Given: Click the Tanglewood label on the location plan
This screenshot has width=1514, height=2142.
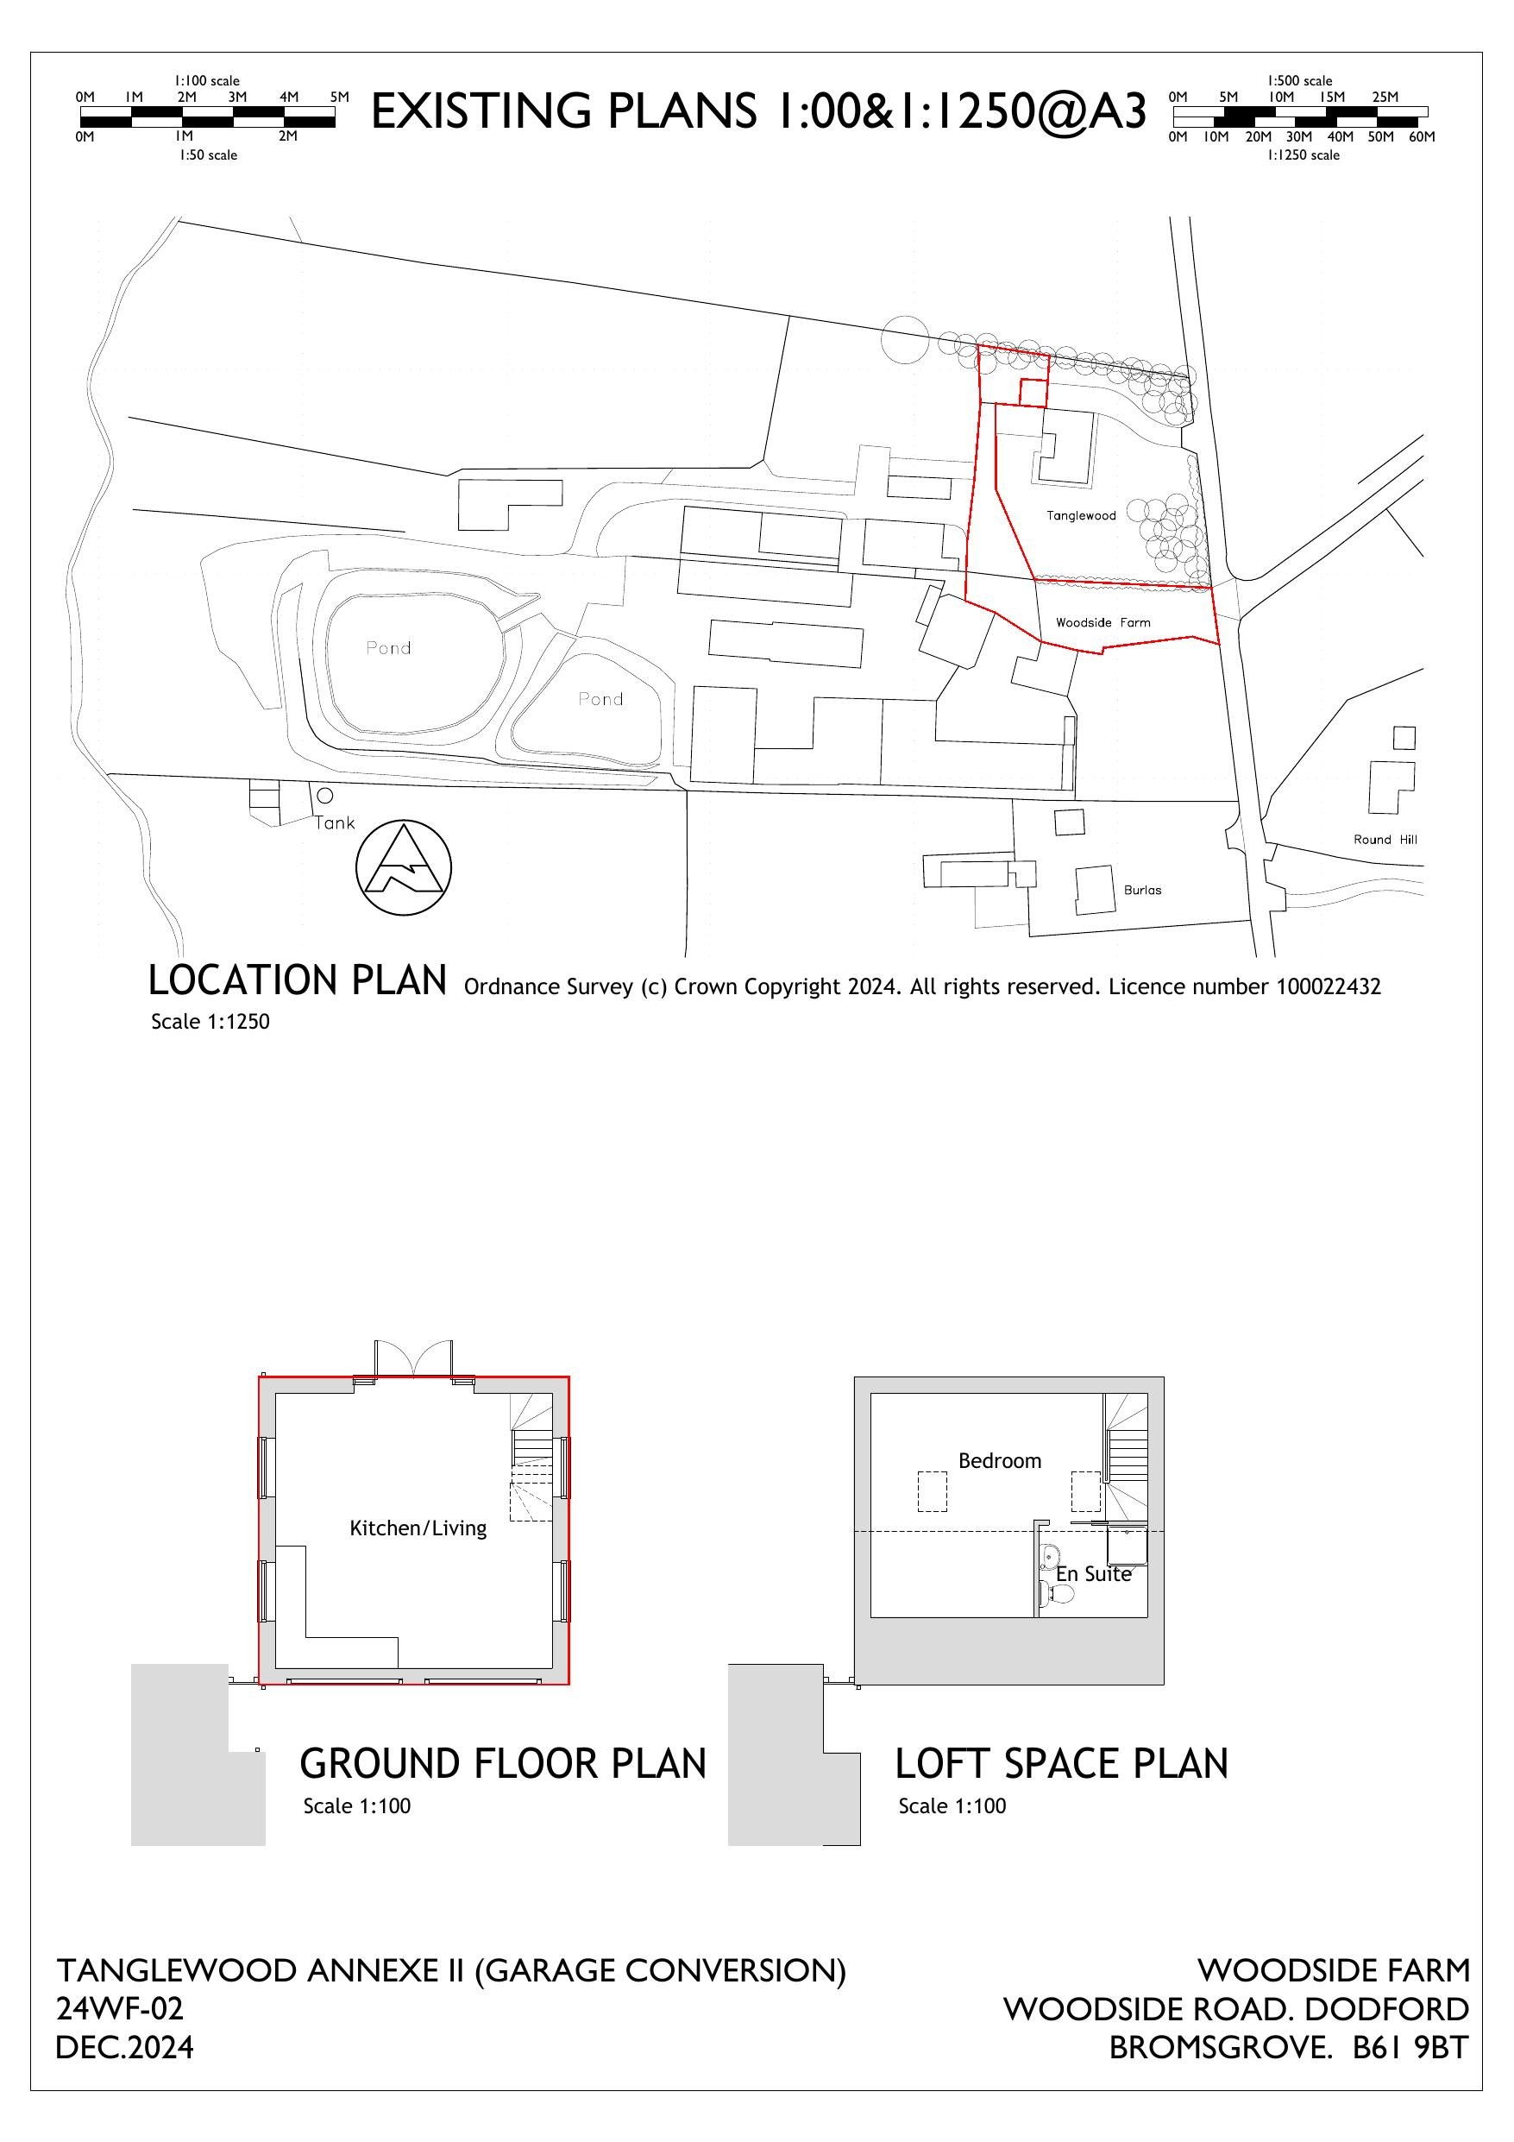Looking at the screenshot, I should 1080,515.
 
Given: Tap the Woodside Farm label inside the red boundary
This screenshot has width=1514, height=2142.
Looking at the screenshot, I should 1103,622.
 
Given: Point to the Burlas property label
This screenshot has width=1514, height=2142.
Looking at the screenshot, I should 1142,890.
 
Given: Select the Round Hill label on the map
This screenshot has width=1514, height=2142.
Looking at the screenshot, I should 1385,840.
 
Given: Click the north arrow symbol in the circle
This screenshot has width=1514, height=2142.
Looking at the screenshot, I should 403,867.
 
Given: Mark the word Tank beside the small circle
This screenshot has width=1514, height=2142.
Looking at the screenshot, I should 335,822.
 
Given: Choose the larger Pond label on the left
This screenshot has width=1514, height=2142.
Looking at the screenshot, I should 388,647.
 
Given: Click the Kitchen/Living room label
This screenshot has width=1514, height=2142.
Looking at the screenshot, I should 418,1528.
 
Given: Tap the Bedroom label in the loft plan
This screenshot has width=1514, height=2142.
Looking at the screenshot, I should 999,1461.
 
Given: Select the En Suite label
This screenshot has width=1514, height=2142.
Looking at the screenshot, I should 1092,1574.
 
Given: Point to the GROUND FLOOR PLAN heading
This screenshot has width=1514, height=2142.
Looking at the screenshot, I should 503,1764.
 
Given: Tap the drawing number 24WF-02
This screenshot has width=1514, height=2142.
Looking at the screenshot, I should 119,2007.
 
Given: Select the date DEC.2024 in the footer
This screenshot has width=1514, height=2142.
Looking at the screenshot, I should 125,2047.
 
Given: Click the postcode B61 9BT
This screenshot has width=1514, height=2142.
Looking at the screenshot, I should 1410,2047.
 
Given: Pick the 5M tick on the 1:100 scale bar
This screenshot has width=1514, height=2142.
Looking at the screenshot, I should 339,97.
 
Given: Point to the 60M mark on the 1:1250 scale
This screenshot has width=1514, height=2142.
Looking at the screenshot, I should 1421,137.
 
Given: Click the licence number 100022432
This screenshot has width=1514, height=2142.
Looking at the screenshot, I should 1328,987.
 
